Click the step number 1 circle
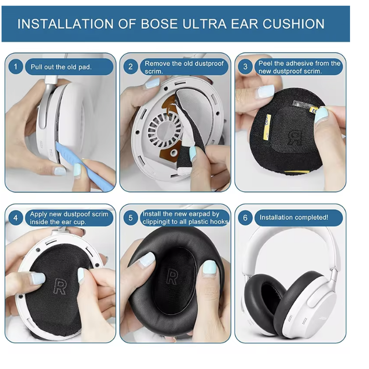pos(15,67)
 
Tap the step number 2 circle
pos(130,67)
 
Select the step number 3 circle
pos(245,67)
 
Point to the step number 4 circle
pos(15,217)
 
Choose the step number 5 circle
pos(130,217)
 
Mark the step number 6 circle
pos(245,217)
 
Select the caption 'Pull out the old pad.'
pos(61,67)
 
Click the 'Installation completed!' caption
pos(294,217)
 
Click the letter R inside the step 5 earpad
pos(172,276)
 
